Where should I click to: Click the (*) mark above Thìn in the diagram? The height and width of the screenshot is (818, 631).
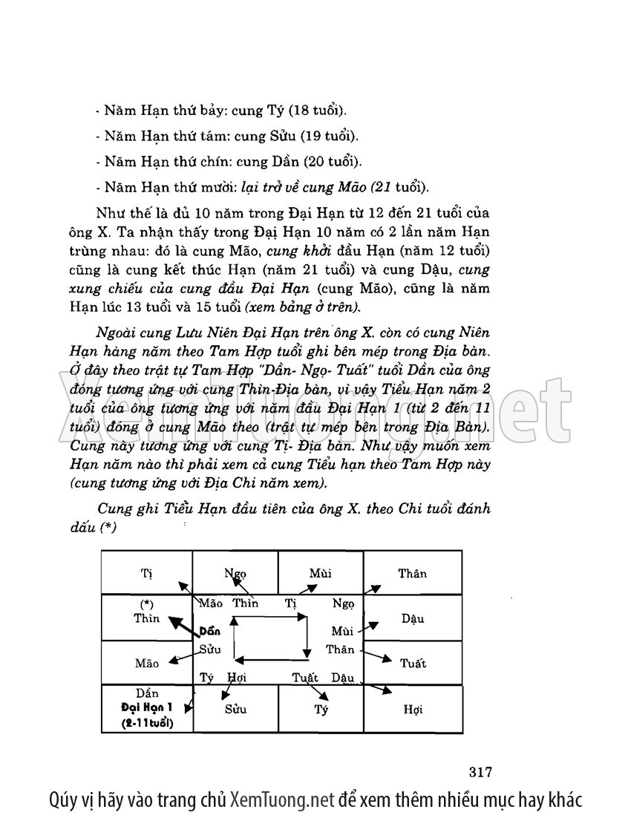tap(146, 604)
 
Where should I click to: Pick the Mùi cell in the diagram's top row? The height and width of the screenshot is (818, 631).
tap(320, 573)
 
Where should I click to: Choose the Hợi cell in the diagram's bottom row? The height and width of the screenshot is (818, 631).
tap(413, 710)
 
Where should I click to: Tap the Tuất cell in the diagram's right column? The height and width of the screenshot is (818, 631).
tap(413, 663)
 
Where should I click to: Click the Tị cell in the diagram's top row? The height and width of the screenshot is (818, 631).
tap(146, 573)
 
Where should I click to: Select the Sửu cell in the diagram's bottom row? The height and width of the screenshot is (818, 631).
tap(235, 710)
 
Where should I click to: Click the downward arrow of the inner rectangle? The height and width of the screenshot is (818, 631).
tap(306, 638)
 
